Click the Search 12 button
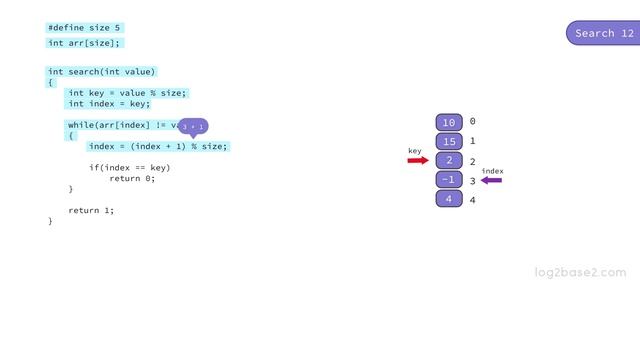click(605, 33)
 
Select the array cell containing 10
click(449, 122)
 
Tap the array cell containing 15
click(449, 141)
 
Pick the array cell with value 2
click(449, 161)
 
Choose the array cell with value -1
click(449, 180)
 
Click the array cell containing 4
click(449, 199)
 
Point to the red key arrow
click(417, 160)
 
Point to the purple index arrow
click(491, 181)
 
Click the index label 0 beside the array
click(473, 122)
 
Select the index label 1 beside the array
click(473, 142)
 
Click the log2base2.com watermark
click(580, 272)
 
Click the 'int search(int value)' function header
click(101, 72)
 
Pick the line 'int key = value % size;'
click(127, 93)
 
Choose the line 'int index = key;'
click(109, 104)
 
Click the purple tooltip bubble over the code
click(193, 127)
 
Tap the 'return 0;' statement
click(132, 178)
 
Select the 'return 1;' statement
click(91, 210)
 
